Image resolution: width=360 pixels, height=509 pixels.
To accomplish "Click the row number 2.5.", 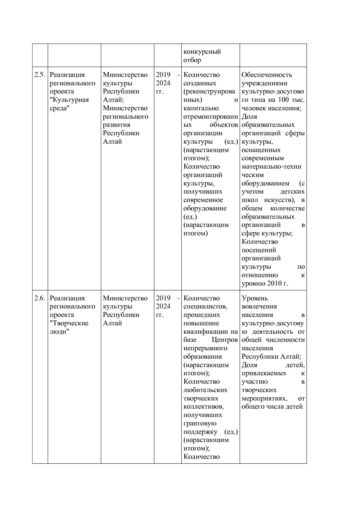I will (x=39, y=75).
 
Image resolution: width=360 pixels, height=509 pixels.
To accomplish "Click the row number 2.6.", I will (x=39, y=298).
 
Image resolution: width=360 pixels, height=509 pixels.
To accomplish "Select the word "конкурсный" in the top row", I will (x=202, y=52).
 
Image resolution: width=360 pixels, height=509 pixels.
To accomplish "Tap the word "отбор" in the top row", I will (x=192, y=60).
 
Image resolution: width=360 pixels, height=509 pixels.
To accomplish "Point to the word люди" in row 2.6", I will (x=59, y=332).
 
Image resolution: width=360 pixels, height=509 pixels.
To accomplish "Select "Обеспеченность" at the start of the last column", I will (x=267, y=75).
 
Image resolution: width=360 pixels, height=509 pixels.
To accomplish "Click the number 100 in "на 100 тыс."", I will (x=283, y=100).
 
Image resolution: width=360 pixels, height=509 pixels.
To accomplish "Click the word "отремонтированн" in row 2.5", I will (x=210, y=117).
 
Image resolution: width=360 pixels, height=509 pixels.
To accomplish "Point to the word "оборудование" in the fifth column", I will (x=205, y=209).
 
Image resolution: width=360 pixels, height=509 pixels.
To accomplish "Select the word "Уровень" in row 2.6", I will (x=255, y=298).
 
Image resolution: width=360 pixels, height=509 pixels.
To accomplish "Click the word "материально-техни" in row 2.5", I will (x=271, y=167).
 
